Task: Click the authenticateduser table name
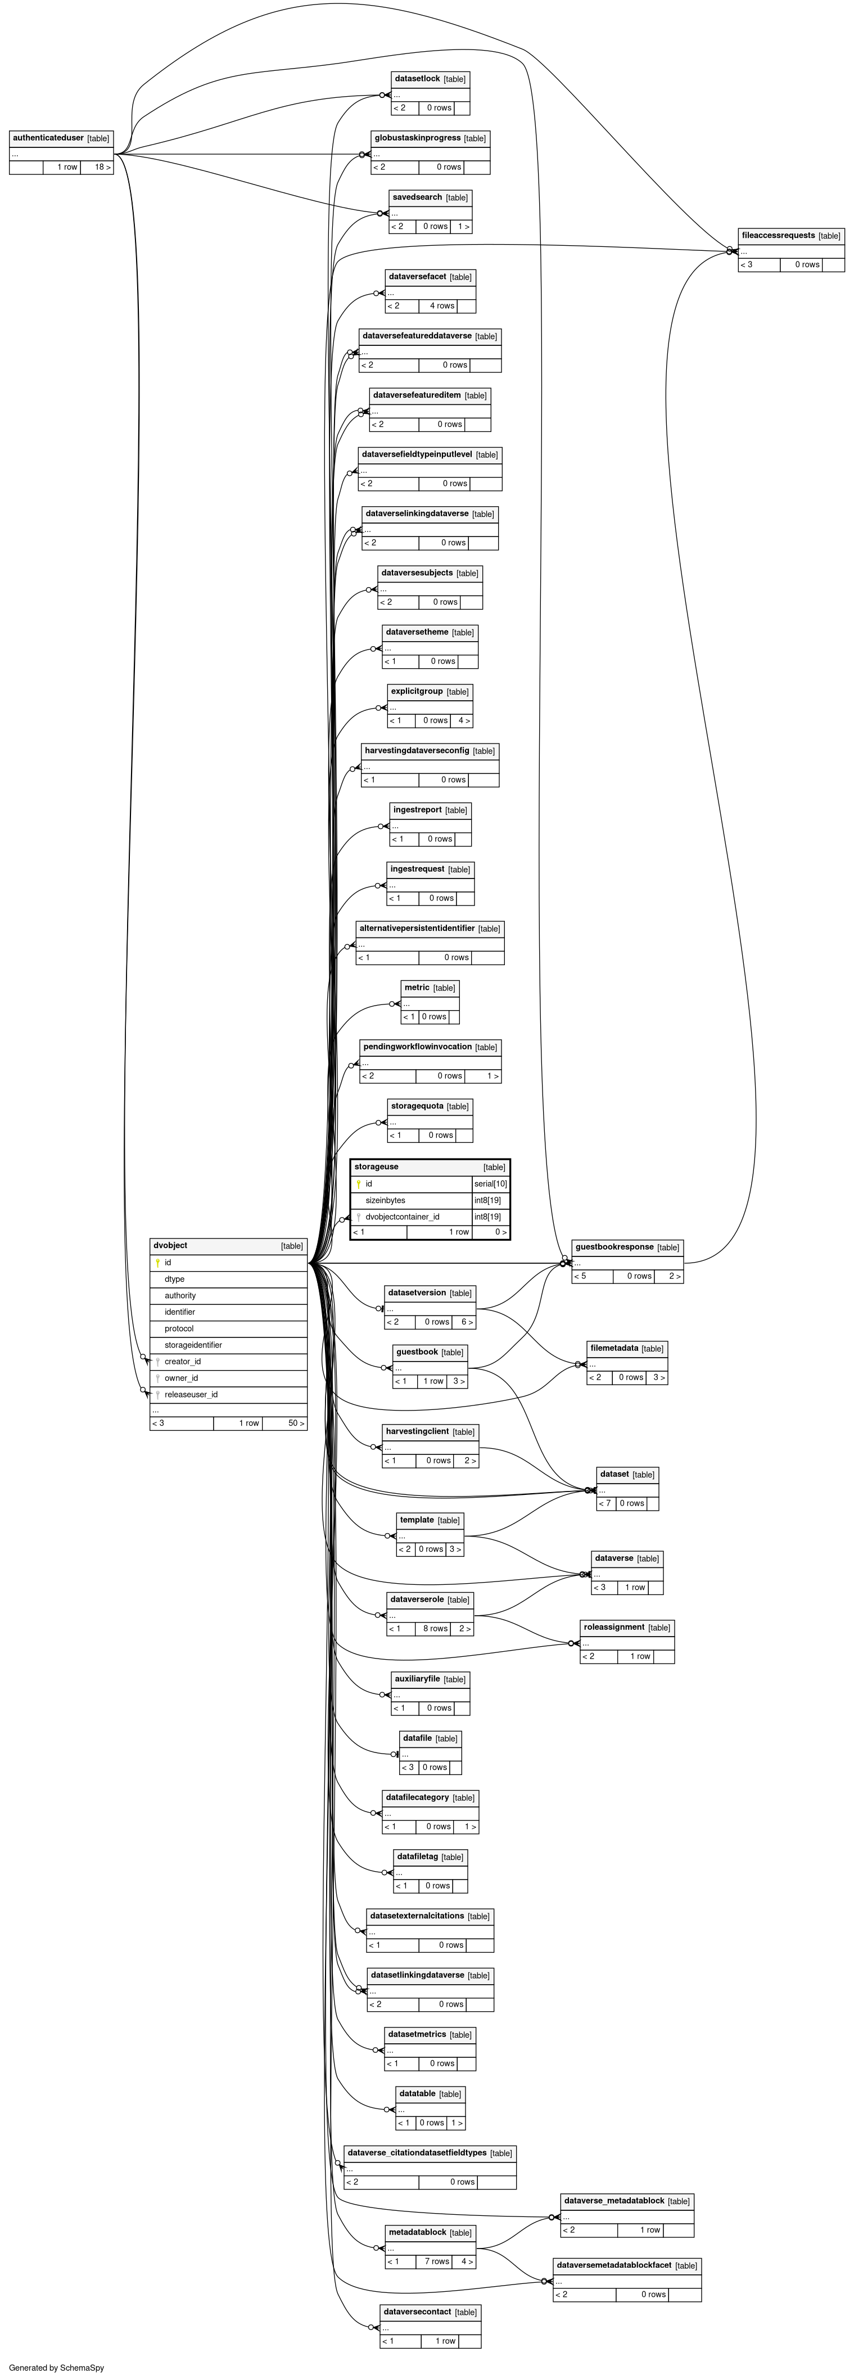coord(48,138)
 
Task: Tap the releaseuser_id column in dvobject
coord(191,1395)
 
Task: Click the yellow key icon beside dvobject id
coord(158,1263)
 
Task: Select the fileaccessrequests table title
coord(778,236)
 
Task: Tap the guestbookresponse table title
coord(614,1247)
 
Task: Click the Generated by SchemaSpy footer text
coord(56,2368)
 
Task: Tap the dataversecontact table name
coord(417,2312)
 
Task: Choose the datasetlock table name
coord(417,79)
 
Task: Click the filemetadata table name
coord(614,1348)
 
